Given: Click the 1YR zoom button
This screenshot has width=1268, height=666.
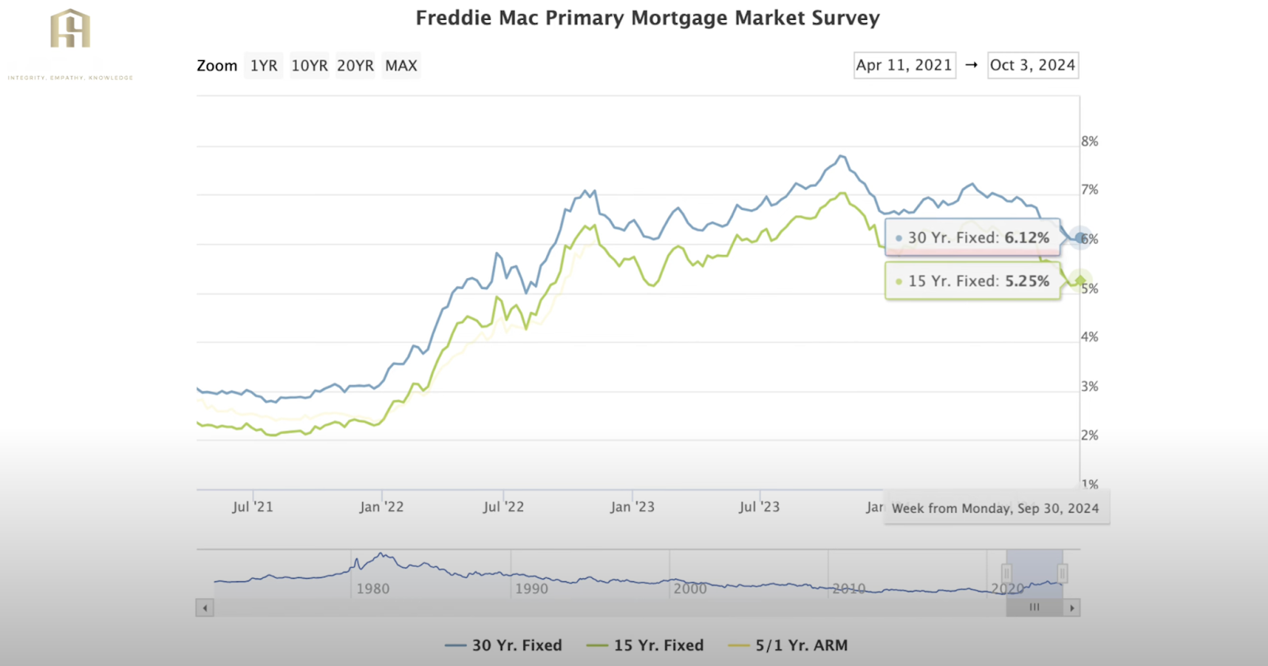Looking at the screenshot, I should point(264,66).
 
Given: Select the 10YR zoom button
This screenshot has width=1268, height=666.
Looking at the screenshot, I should point(309,66).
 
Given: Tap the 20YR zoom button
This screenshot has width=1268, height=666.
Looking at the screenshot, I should point(355,66).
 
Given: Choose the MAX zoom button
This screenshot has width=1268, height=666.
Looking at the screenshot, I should point(401,66).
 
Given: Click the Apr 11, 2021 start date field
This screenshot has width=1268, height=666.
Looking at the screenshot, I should point(904,65).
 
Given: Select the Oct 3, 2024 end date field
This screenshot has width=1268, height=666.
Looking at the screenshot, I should point(1033,65).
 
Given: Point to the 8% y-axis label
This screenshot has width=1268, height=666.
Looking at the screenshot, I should point(1090,142).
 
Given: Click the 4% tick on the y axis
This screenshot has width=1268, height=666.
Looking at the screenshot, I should point(1090,337).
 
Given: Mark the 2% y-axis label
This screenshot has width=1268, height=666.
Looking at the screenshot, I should point(1090,436).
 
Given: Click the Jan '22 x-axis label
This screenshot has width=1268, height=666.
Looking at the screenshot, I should point(381,507).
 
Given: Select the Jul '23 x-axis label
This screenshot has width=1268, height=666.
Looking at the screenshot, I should point(759,507).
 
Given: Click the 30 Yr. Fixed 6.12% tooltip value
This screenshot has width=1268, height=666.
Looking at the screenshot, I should point(1026,238).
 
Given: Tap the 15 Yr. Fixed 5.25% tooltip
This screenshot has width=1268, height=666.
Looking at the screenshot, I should point(978,281).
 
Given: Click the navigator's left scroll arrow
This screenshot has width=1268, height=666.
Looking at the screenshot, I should point(205,608).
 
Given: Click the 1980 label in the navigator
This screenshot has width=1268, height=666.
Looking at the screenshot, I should point(372,588).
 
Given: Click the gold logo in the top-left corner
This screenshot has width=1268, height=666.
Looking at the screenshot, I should point(70,29).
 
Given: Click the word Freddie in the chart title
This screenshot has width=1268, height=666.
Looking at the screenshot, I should point(453,18).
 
